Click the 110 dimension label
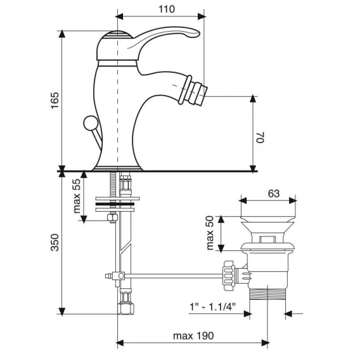click(x=167, y=9)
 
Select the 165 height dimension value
click(x=55, y=101)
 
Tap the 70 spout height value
click(x=260, y=138)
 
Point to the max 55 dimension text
click(x=77, y=196)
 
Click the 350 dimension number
click(x=55, y=243)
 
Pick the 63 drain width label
click(x=274, y=193)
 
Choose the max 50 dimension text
click(x=210, y=233)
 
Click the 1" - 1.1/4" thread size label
click(x=212, y=307)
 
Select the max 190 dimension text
click(x=193, y=336)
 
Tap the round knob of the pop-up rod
click(x=91, y=123)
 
